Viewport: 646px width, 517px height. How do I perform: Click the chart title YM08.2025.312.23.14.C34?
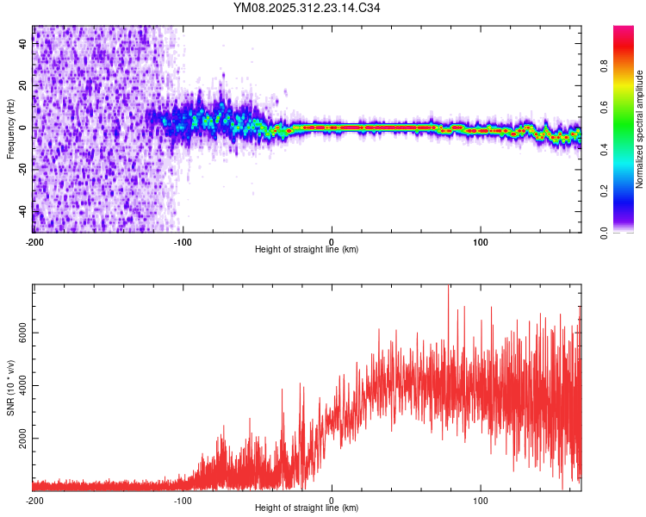[307, 8]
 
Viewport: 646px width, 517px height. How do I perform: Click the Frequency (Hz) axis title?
[10, 129]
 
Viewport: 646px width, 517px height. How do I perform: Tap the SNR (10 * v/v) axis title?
[10, 388]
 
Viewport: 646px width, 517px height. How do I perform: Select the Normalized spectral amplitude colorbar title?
[639, 129]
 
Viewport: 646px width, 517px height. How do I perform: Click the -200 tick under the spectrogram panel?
[34, 240]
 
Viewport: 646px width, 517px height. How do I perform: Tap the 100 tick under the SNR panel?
[481, 499]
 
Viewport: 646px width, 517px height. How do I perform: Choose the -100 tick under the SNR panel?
[183, 499]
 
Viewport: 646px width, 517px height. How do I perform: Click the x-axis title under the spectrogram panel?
[307, 249]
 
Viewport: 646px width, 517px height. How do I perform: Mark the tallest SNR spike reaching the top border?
[448, 288]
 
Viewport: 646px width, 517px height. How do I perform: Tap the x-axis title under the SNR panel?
[307, 508]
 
